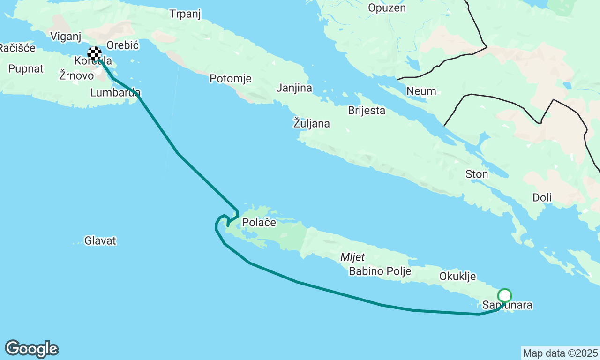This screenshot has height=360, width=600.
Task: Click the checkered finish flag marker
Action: coord(95,53)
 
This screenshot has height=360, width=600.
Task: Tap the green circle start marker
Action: coord(505,296)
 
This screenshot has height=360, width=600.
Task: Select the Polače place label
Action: coord(259,222)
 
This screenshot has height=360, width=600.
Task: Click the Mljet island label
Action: coord(352,256)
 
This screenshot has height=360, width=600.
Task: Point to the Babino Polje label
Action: coord(380,271)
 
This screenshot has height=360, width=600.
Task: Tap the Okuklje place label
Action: coord(457,276)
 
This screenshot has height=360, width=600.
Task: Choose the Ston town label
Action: coord(477,174)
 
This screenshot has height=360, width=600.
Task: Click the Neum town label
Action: coord(421,91)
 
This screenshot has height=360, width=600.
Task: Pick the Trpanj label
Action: coord(185,14)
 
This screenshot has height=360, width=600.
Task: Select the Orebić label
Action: coord(123,45)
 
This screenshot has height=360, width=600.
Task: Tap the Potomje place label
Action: coord(231,78)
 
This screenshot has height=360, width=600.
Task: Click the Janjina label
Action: coord(294,88)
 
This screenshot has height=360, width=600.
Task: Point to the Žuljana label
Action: coord(311,124)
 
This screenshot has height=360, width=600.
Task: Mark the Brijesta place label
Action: coord(367,111)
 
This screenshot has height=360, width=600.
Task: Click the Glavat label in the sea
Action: coord(100,241)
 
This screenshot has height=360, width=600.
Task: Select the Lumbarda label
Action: coord(115,92)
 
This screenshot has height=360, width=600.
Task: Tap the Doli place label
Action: coord(542,197)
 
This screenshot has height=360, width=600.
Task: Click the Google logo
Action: coord(31,349)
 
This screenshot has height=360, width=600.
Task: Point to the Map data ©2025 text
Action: coord(560,353)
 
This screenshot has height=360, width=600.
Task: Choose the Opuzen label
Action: coord(387,7)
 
